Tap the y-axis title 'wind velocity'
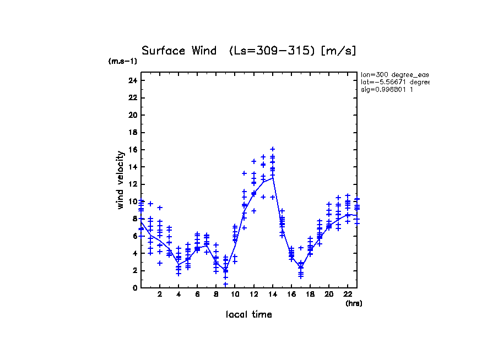coord(121,179)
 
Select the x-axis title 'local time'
coord(248,314)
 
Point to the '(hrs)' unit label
coord(354,303)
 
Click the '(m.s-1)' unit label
coord(123,62)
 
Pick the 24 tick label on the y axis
coord(132,80)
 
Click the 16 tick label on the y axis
coord(132,150)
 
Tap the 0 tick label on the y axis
coord(134,288)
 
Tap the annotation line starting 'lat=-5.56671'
coord(394,82)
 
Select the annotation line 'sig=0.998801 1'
coord(387,89)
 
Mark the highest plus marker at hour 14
coord(273,149)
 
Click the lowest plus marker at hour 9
coord(225,284)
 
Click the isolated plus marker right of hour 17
coord(301,248)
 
